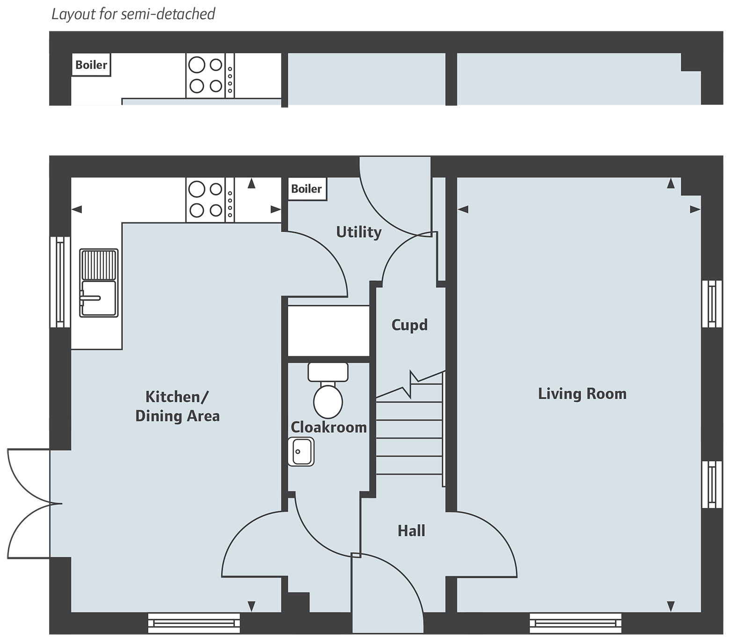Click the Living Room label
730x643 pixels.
pyautogui.click(x=582, y=394)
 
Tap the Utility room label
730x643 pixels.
pyautogui.click(x=359, y=232)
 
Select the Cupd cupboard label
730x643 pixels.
pyautogui.click(x=409, y=325)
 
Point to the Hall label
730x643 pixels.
pyautogui.click(x=411, y=531)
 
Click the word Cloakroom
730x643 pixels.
pyautogui.click(x=328, y=427)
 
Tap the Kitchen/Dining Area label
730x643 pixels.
pyautogui.click(x=177, y=406)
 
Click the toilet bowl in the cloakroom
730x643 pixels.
pyautogui.click(x=328, y=401)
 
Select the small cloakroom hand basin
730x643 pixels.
pyautogui.click(x=301, y=452)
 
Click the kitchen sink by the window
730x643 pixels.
pyautogui.click(x=98, y=283)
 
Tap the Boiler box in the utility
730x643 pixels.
pyautogui.click(x=307, y=189)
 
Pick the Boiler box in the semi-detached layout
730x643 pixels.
pyautogui.click(x=91, y=65)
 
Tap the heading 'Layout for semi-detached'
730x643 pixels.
pyautogui.click(x=133, y=14)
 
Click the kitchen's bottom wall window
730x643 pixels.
pyautogui.click(x=194, y=623)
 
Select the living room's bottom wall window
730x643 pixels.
pyautogui.click(x=576, y=623)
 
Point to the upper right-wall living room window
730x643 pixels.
pyautogui.click(x=712, y=304)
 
